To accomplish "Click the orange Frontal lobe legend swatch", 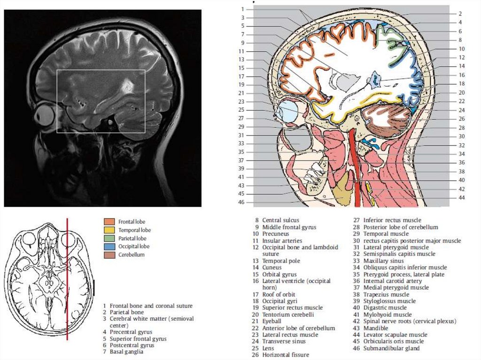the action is coord(109,222).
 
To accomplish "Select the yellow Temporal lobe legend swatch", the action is coord(109,230).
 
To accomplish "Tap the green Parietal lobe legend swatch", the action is coord(109,238).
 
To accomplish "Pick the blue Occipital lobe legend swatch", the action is coord(109,246).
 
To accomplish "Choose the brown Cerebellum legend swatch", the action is coord(109,254).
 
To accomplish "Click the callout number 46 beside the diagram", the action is coord(241,202).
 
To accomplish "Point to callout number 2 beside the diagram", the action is coord(460,14).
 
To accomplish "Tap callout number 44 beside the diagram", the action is coord(462,198).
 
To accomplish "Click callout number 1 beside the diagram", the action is coord(242,9).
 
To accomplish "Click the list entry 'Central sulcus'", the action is coord(280,220).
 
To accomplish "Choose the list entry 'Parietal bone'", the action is coord(127,312).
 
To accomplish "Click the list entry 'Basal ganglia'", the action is coord(126,352).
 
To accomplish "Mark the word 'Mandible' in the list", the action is coord(376,328).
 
